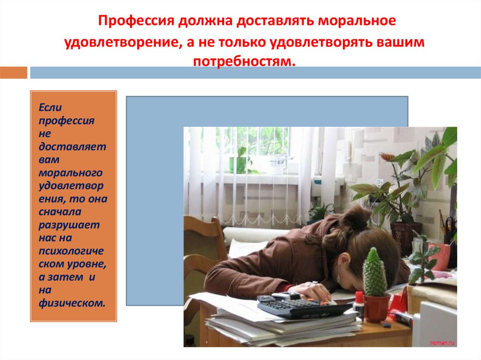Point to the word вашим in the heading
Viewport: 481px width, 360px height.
(x=400, y=42)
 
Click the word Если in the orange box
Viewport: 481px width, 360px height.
(x=49, y=108)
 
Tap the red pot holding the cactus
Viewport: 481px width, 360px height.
(x=377, y=308)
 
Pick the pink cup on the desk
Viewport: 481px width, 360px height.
(x=440, y=257)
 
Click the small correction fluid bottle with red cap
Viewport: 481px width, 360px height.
(x=359, y=304)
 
